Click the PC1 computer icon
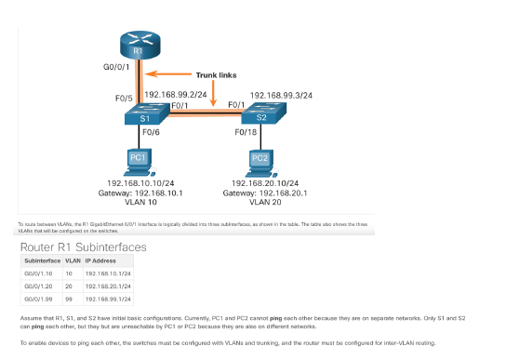point(140,160)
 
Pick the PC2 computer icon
point(260,160)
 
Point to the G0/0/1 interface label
point(116,68)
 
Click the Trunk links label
point(219,73)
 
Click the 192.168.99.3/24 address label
point(281,95)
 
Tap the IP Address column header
point(100,261)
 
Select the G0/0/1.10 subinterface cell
point(39,274)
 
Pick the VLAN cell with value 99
point(68,300)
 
